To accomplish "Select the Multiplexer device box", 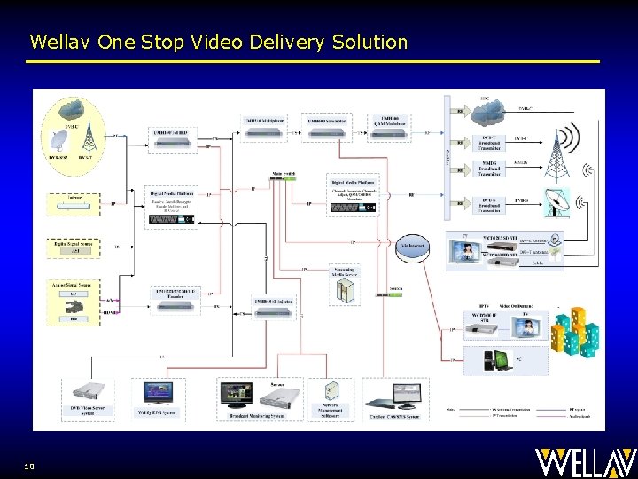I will coord(264,127).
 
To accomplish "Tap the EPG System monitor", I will coord(158,395).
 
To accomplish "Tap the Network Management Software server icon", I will coord(332,394).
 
